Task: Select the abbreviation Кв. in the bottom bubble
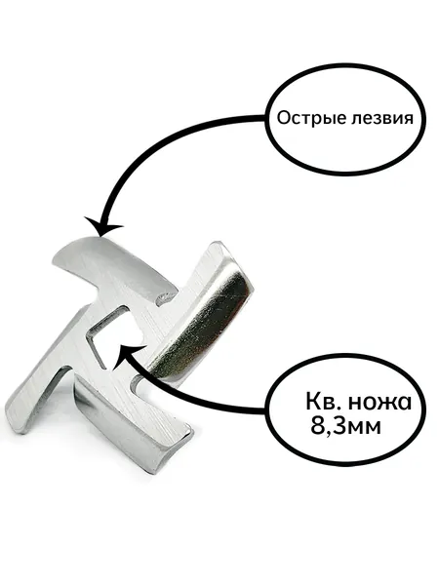322,402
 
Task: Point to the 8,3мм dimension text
345,426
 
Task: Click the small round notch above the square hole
162,297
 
